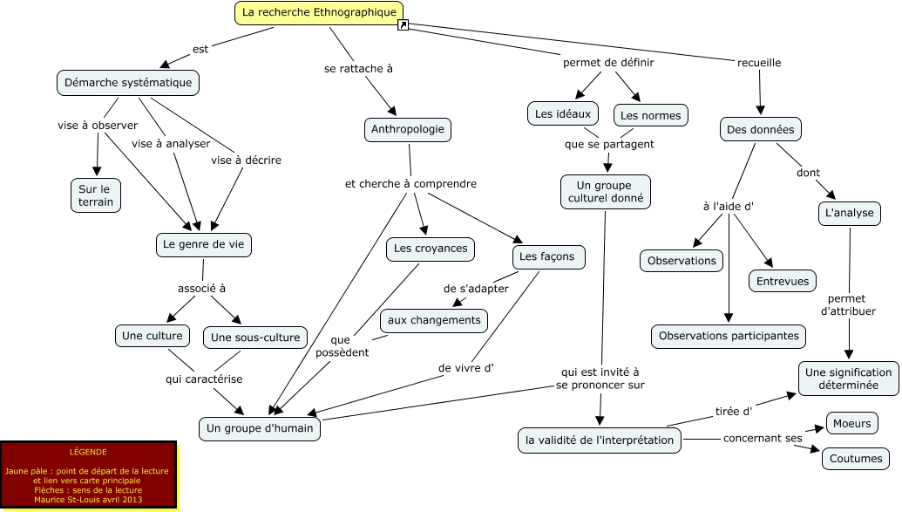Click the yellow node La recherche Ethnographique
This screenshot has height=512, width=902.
pos(319,13)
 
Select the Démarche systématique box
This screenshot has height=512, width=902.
pos(128,83)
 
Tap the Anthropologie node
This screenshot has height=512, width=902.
pos(408,130)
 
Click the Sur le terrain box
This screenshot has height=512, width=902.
pos(96,195)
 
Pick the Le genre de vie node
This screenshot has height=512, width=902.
pos(204,245)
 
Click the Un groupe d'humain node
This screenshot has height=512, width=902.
pos(260,428)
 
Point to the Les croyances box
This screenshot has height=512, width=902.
pos(431,249)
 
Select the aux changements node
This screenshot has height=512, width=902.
pos(434,320)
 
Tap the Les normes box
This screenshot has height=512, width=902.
pos(651,115)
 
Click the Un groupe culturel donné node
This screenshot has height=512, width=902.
pos(605,192)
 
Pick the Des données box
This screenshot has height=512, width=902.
pos(761,129)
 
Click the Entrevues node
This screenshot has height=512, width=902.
pos(783,281)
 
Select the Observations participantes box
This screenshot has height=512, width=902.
pos(729,336)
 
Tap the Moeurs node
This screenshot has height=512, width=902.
pos(851,424)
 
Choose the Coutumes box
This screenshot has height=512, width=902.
pos(856,458)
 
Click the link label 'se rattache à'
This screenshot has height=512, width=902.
pos(358,67)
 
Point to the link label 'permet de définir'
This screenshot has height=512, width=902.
pos(608,63)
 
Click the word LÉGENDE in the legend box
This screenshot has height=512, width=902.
pos(88,452)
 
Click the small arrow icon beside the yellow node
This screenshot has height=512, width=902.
pos(403,25)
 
